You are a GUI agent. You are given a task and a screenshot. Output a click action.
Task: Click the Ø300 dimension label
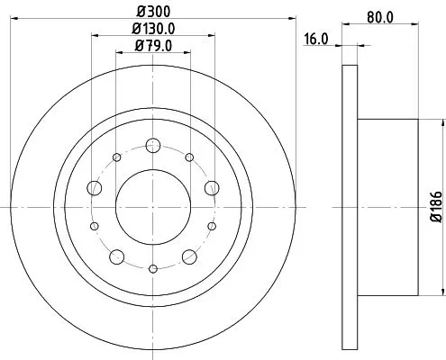(x=152, y=13)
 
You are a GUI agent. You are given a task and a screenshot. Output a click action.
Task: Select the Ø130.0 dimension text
(x=153, y=30)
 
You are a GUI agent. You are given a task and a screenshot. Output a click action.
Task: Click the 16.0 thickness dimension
(x=314, y=40)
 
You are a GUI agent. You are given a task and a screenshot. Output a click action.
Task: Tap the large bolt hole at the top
(x=152, y=145)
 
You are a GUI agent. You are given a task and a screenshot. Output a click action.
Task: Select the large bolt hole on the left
(x=95, y=188)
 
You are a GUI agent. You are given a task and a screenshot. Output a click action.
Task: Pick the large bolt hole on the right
(x=212, y=187)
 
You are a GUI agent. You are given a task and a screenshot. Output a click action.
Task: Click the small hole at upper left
(x=117, y=157)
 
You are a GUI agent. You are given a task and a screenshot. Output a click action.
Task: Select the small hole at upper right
(x=189, y=157)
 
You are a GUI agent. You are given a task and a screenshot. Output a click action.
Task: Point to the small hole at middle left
(x=95, y=226)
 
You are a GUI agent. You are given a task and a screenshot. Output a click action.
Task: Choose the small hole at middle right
(x=212, y=226)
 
